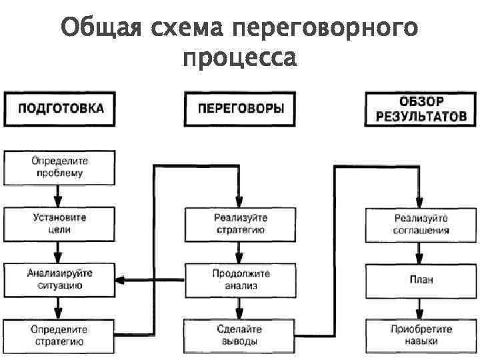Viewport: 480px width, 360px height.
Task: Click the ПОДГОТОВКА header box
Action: click(x=59, y=109)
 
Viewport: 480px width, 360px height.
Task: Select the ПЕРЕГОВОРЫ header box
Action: click(x=239, y=109)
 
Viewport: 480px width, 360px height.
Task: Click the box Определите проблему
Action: click(x=59, y=167)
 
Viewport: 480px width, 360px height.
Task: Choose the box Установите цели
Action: click(x=59, y=223)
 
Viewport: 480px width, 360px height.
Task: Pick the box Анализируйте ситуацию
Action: click(x=59, y=279)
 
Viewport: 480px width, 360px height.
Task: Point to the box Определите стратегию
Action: click(x=59, y=335)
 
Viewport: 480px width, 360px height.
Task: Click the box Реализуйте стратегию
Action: click(x=239, y=224)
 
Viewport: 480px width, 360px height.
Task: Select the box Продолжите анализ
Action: click(x=239, y=279)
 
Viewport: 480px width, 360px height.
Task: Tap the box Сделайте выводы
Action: click(x=239, y=335)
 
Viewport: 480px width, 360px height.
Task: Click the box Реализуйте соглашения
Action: click(x=421, y=224)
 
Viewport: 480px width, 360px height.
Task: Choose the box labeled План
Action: click(x=421, y=279)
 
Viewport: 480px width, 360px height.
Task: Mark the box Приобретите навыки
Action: click(x=421, y=335)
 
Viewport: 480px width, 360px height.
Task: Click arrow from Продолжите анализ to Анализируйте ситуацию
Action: click(x=149, y=279)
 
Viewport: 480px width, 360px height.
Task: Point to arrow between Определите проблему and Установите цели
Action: click(x=59, y=195)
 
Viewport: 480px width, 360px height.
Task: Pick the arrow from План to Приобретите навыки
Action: click(x=420, y=307)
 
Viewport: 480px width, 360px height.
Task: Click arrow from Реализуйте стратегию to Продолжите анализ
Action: click(x=239, y=252)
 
